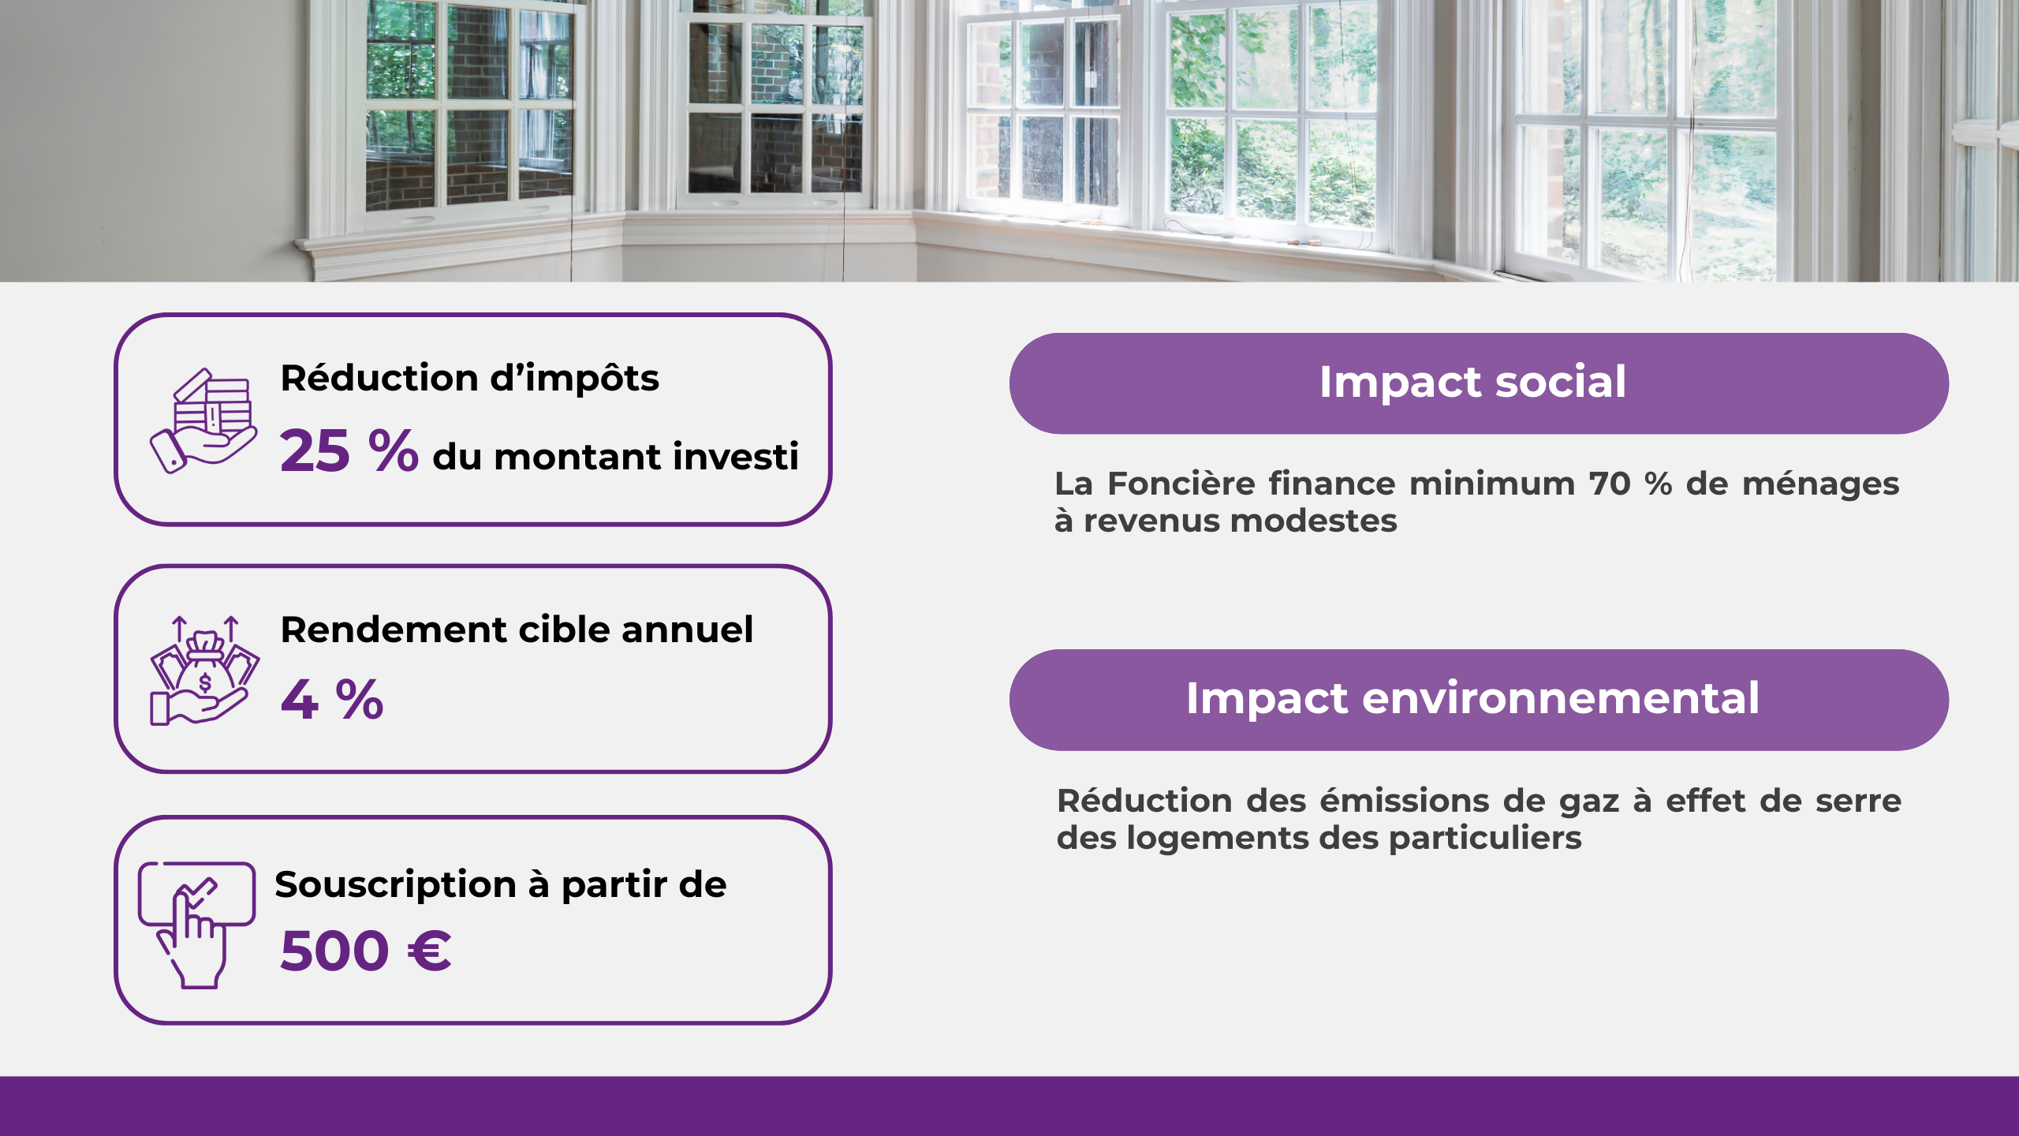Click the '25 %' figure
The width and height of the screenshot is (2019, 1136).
pos(349,450)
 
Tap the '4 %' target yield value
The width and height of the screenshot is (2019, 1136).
pos(332,700)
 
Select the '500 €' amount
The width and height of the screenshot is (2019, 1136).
pos(366,951)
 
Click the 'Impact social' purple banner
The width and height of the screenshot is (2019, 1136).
pos(1479,383)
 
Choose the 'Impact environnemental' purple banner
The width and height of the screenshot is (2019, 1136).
pos(1479,700)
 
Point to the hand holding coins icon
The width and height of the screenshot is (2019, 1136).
pos(203,421)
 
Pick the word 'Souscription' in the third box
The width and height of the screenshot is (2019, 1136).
pos(395,885)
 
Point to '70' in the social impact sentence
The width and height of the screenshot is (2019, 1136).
pos(1609,484)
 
